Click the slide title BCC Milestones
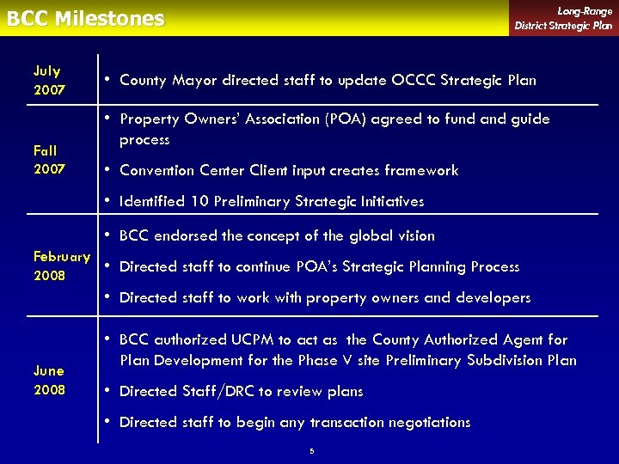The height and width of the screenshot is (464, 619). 85,19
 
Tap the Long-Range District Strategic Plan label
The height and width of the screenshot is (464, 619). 563,18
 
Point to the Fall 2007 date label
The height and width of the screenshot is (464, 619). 49,160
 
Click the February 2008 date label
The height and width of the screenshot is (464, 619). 61,266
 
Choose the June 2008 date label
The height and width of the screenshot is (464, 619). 49,380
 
